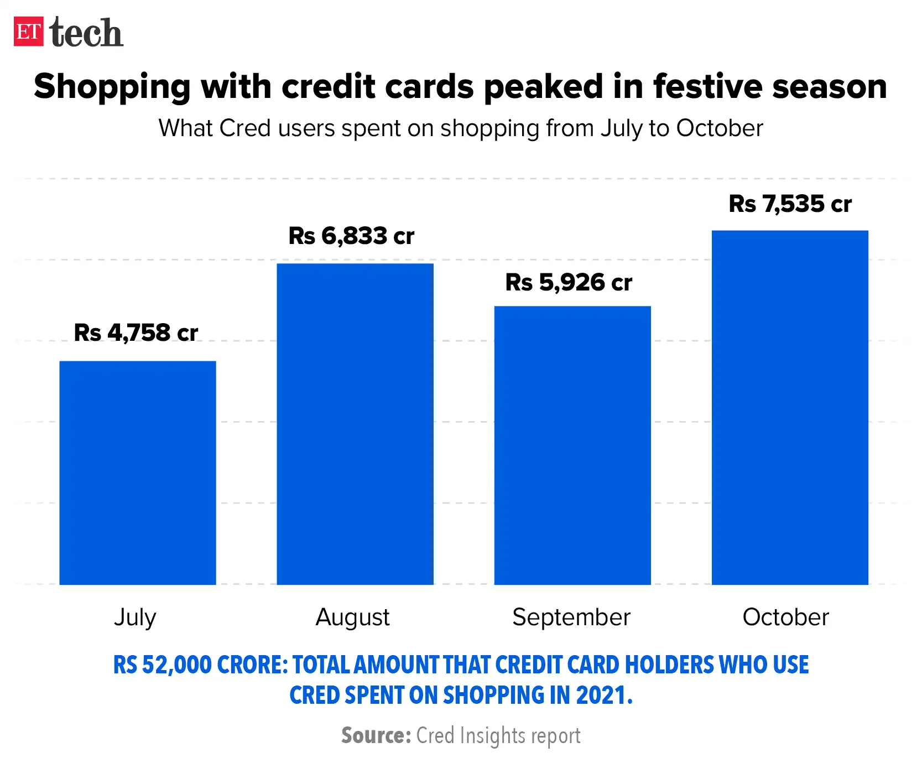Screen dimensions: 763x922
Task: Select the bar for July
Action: click(x=138, y=473)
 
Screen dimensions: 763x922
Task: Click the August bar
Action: click(x=355, y=424)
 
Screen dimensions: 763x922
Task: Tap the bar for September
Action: click(x=572, y=445)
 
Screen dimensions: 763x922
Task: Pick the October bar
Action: click(x=790, y=407)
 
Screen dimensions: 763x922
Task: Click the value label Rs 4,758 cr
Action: click(x=136, y=333)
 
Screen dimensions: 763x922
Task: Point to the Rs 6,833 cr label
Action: click(x=351, y=236)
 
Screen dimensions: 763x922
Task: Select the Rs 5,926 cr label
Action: click(x=569, y=283)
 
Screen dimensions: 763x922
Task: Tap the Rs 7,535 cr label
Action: click(x=790, y=204)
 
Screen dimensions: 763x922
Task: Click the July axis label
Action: click(x=135, y=617)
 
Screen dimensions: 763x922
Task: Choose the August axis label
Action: click(x=352, y=617)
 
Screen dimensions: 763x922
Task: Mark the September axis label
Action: click(x=571, y=617)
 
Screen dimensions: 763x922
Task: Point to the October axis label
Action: click(x=785, y=617)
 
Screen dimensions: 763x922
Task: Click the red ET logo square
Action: click(x=29, y=32)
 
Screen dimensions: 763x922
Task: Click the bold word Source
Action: click(x=376, y=736)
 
